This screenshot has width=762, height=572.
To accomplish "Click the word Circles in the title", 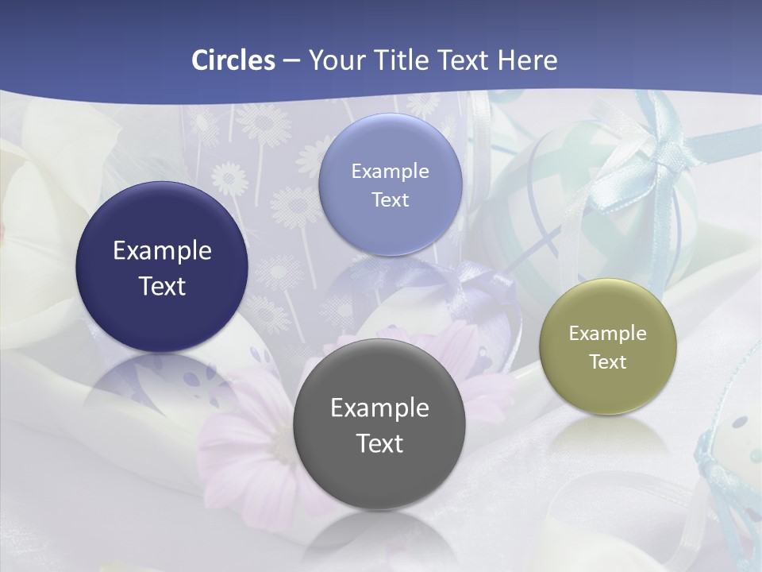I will (233, 60).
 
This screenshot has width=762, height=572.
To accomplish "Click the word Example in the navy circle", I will (162, 251).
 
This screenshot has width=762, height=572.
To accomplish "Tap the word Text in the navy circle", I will (162, 286).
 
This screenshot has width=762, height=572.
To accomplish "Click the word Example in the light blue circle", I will (390, 171).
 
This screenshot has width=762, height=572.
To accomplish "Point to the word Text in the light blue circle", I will (390, 199).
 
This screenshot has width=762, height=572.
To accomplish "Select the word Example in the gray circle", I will (379, 408).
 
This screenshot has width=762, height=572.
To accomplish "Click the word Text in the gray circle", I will (379, 443).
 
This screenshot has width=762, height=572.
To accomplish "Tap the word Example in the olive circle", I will (607, 334).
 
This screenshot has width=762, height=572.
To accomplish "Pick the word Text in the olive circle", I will (607, 361).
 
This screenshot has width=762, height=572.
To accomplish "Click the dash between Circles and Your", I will (291, 61).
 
